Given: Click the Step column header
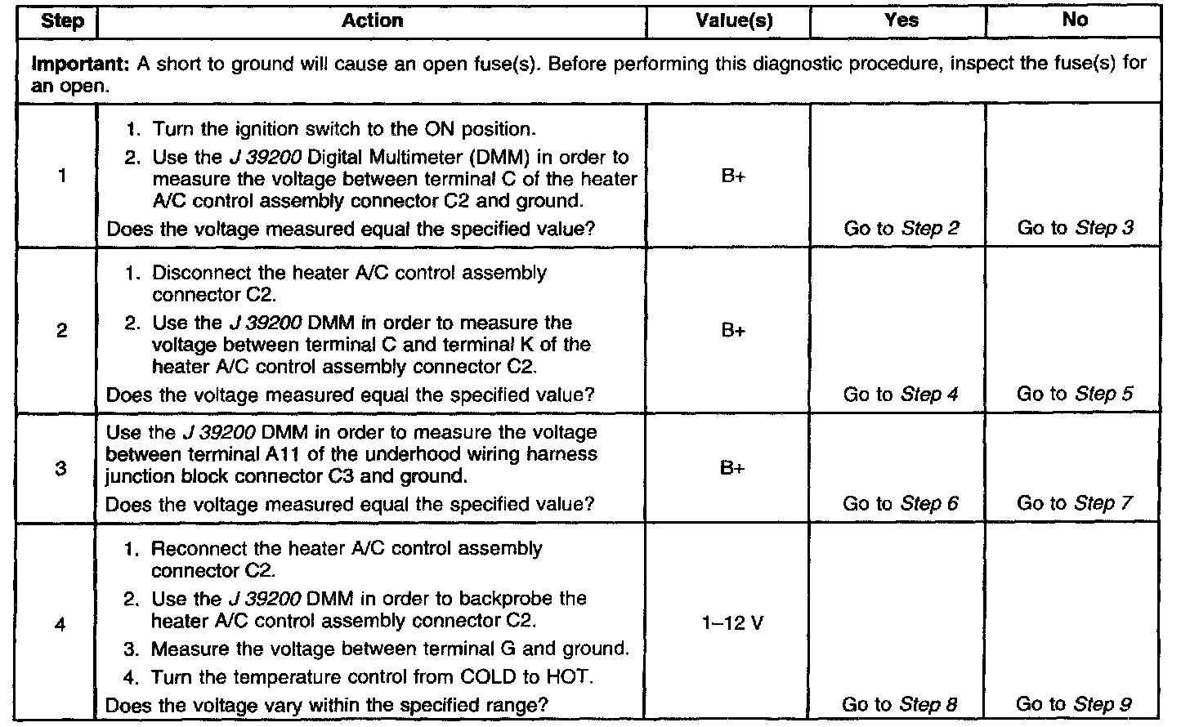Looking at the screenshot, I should (62, 21).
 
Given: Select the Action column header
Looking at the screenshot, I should (372, 21).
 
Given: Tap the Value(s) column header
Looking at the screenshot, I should (734, 21).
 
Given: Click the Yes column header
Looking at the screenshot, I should (901, 21).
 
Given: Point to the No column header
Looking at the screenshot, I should (1075, 20).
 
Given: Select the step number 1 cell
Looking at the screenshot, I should (62, 176).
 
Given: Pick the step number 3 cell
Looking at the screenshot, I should (62, 469).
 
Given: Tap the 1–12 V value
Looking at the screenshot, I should (732, 624).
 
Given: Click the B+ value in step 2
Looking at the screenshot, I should (733, 332).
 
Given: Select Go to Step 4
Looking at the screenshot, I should (901, 395).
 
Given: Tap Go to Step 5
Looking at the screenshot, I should (1075, 395).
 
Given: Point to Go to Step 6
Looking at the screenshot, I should (901, 504).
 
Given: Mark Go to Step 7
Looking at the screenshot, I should (1075, 504).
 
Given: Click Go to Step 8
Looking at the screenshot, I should (899, 704).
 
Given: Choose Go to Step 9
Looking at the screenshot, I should (1074, 704).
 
